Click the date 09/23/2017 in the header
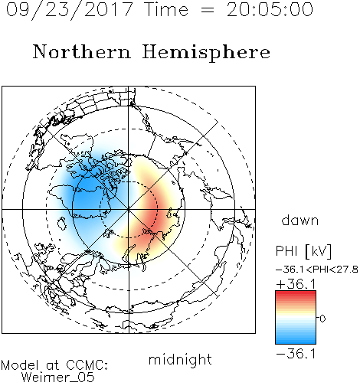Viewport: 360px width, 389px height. click(69, 10)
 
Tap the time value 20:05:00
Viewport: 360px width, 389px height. click(270, 10)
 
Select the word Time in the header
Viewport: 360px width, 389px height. click(166, 10)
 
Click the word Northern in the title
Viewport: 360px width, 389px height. click(82, 51)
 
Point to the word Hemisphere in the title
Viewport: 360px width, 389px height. click(206, 53)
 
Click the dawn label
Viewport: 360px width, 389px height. click(300, 220)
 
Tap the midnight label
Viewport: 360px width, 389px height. click(180, 359)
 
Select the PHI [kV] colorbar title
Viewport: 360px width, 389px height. click(303, 251)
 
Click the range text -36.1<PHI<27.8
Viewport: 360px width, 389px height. click(317, 270)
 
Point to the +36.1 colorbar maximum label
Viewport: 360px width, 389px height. click(296, 284)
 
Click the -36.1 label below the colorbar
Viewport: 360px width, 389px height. click(296, 354)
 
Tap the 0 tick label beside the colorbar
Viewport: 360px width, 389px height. click(322, 319)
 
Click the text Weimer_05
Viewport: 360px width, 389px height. click(58, 378)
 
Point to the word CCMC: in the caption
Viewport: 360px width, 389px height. click(87, 365)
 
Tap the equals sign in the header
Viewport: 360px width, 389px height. click(208, 10)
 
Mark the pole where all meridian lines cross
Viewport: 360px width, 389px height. click(129, 209)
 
